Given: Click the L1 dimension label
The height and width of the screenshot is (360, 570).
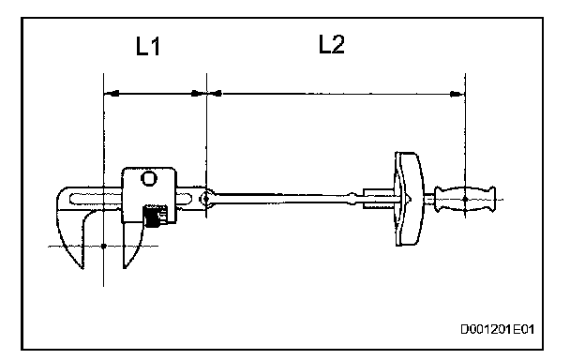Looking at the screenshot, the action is [148, 46].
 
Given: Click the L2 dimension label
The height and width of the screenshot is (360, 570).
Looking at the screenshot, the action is [332, 44].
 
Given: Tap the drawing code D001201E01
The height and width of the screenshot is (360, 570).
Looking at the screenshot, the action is [498, 329].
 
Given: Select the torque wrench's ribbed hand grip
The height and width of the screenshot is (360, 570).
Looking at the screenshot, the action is [465, 199].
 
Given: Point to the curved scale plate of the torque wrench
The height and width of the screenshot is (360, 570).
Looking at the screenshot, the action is [410, 199].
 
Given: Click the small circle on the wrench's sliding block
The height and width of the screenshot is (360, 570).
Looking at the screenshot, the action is [149, 178].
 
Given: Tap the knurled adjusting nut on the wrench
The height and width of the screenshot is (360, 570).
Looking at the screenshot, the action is [154, 216].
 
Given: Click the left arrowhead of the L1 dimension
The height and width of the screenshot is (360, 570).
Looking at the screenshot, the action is [113, 94].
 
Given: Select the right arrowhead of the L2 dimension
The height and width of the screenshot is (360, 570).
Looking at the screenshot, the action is [455, 94].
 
